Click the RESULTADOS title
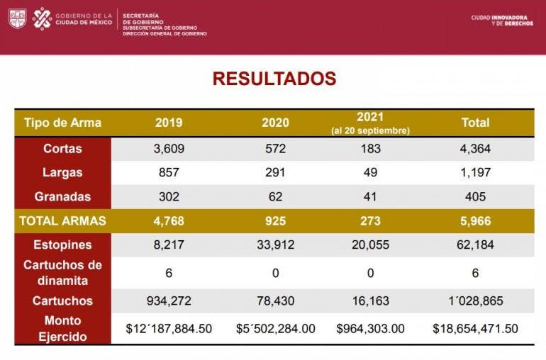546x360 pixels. point(274,78)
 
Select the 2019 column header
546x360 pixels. point(169,123)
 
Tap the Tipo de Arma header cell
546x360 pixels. point(62,123)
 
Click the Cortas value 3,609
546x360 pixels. point(169,149)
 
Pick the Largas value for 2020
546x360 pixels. point(275,172)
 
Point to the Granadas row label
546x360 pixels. point(62,196)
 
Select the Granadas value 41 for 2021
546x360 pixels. point(370,196)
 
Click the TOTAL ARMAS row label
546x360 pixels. point(62,220)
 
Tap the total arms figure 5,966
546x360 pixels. point(475,220)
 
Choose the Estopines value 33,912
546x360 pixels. point(275,245)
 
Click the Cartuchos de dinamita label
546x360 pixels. point(62,272)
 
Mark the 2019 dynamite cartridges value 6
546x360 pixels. point(169,273)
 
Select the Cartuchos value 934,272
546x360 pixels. point(169,300)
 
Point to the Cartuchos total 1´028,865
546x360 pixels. point(475,300)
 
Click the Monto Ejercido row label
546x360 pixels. point(62,328)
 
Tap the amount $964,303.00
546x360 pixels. point(370,329)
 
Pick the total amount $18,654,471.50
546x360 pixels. point(475,329)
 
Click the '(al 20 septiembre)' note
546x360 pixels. point(370,131)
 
